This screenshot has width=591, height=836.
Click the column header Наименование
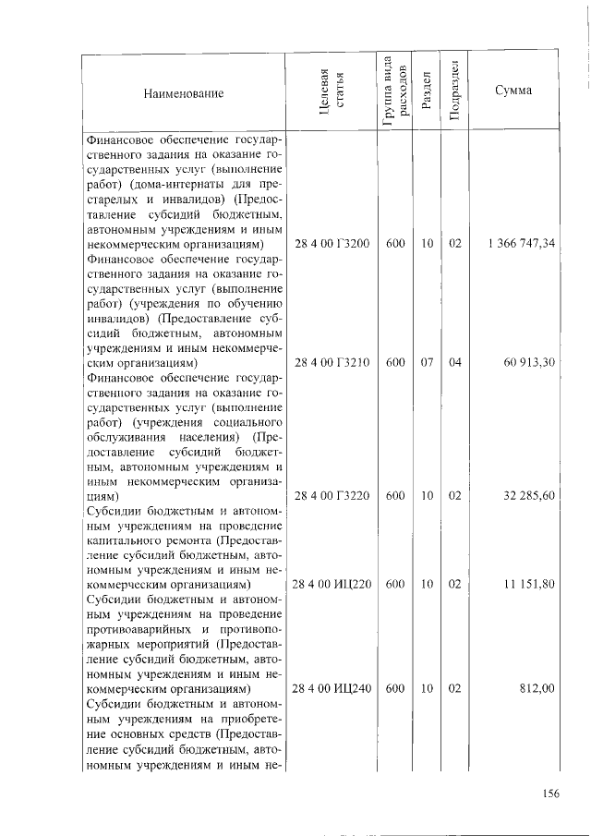pyautogui.click(x=184, y=93)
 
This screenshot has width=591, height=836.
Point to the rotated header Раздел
pyautogui.click(x=426, y=92)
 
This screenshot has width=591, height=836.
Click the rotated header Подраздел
pyautogui.click(x=453, y=92)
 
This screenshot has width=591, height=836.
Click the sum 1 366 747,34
pyautogui.click(x=518, y=244)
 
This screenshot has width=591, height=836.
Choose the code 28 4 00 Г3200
pyautogui.click(x=332, y=244)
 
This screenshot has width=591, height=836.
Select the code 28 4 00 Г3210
pyautogui.click(x=332, y=363)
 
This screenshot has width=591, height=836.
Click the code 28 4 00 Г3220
pyautogui.click(x=332, y=496)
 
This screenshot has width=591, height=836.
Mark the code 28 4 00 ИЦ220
pyautogui.click(x=332, y=585)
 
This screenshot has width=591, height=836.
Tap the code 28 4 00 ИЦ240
pyautogui.click(x=332, y=688)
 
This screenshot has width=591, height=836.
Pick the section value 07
pyautogui.click(x=427, y=363)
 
